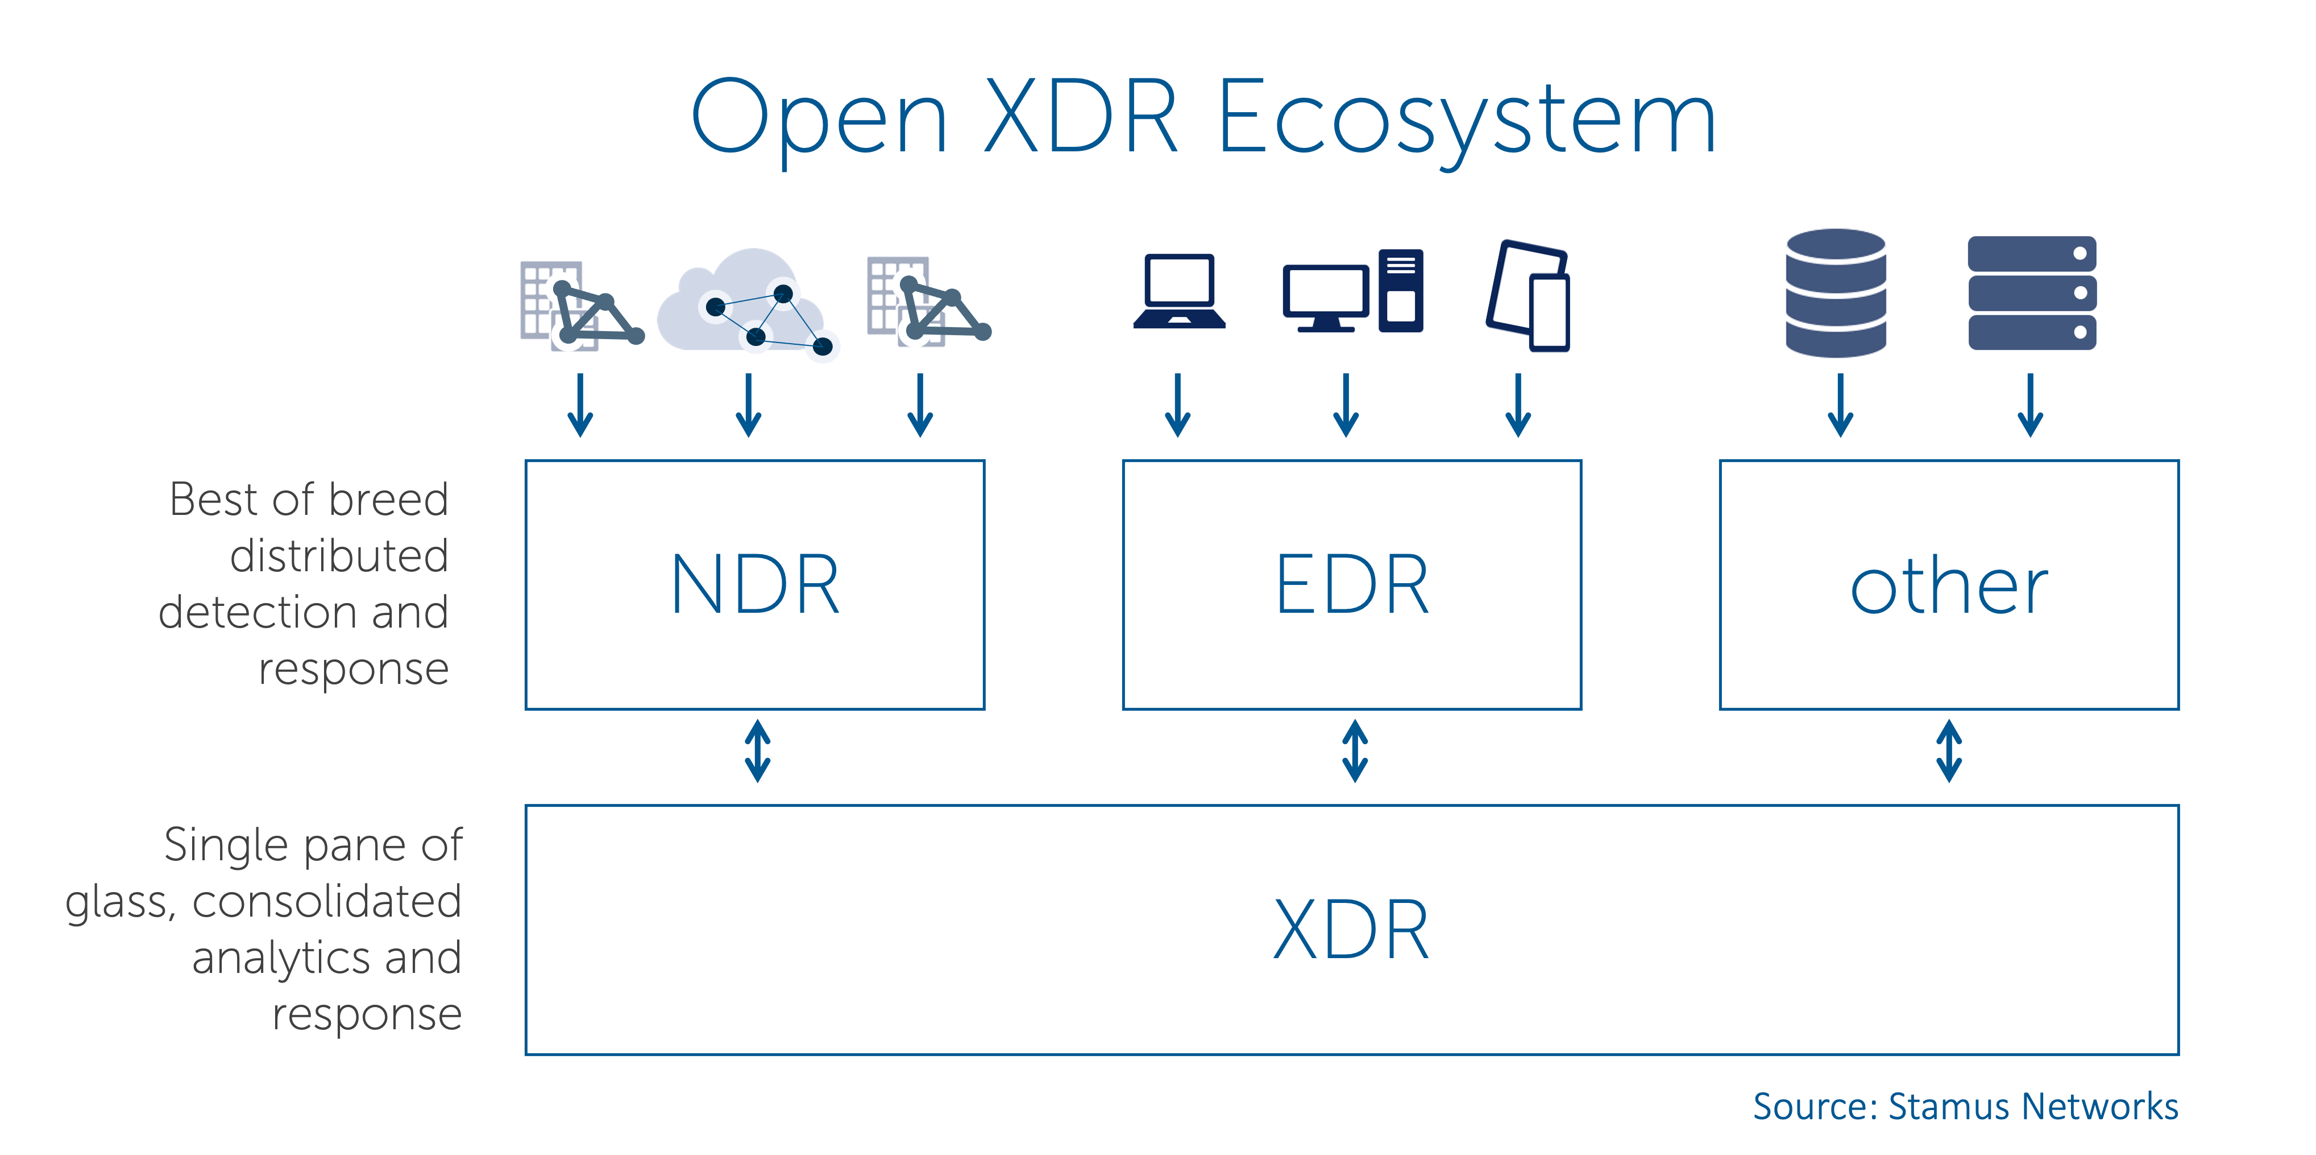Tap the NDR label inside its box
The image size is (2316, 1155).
pyautogui.click(x=755, y=585)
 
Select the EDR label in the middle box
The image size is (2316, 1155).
pyautogui.click(x=1352, y=585)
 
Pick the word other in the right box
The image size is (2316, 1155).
pyautogui.click(x=1949, y=587)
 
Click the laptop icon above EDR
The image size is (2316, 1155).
pyautogui.click(x=1178, y=292)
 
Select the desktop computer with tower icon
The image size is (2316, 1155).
pyautogui.click(x=1352, y=293)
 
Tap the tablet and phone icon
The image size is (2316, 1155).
pyautogui.click(x=1529, y=295)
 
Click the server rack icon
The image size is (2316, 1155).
pyautogui.click(x=2032, y=293)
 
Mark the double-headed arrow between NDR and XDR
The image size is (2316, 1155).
pyautogui.click(x=757, y=750)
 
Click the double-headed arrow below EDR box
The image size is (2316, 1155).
pyautogui.click(x=1354, y=750)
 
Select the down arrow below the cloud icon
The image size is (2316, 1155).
pyautogui.click(x=748, y=407)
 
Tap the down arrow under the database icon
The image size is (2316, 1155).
pyautogui.click(x=1840, y=407)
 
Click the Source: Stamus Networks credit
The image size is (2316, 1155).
pyautogui.click(x=1965, y=1107)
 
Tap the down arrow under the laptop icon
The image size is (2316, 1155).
pyautogui.click(x=1178, y=407)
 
